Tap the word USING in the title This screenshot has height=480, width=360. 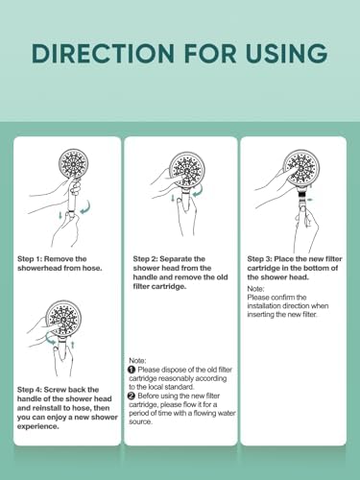coord(287,53)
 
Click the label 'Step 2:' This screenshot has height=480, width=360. coord(145,259)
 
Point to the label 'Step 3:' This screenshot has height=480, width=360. coord(259,259)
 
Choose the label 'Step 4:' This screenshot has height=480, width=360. coord(30,390)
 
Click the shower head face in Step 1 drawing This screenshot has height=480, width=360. coord(73,163)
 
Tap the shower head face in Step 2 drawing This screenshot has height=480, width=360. coord(186,168)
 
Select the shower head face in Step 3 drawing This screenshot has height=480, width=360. coord(301,166)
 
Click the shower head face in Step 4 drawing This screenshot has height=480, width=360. coord(63,317)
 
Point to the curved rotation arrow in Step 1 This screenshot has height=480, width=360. coord(86,207)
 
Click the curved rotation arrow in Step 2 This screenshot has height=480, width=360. coord(200,190)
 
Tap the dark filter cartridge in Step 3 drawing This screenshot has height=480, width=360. coord(301,193)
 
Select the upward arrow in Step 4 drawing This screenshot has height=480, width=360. coord(73,345)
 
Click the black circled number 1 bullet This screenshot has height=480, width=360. coord(132,370)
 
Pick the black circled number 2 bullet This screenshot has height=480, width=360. coord(132,396)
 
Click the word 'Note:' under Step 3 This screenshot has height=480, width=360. coord(255,289)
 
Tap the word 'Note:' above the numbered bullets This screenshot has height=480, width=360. coord(137,361)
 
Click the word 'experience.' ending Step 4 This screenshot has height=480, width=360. coord(38,426)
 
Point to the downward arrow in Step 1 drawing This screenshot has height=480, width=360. coord(60,215)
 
